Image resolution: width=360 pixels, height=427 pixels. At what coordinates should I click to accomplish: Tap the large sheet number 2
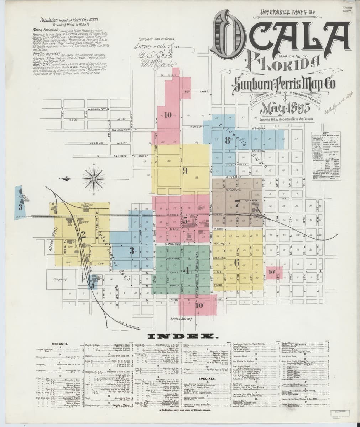pos(83,234)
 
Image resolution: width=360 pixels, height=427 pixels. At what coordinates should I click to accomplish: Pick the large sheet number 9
pos(185,170)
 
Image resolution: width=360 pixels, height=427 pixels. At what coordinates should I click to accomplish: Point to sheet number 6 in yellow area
pos(236,263)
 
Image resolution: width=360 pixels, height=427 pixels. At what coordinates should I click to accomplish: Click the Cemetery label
pos(60,279)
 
